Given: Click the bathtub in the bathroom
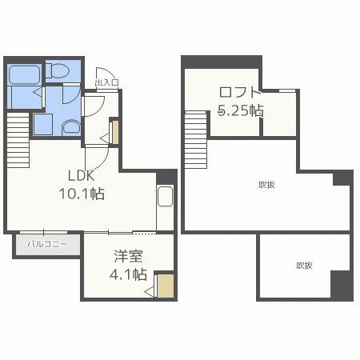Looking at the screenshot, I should point(24,74).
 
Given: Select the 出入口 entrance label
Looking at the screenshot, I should point(106,82).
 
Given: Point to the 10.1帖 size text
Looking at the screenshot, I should point(81,194).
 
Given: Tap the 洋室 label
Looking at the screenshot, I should point(129,256).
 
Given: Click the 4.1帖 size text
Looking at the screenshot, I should point(129,274).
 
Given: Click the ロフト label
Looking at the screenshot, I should point(240,92).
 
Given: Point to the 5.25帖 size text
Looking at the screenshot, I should point(241,111).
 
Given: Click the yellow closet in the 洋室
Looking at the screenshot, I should point(165,286).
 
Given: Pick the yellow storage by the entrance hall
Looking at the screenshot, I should point(114,132).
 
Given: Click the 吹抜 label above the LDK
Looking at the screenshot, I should point(266,185).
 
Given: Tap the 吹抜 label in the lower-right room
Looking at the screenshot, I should point(304,266).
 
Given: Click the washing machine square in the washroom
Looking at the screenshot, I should point(42,126).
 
